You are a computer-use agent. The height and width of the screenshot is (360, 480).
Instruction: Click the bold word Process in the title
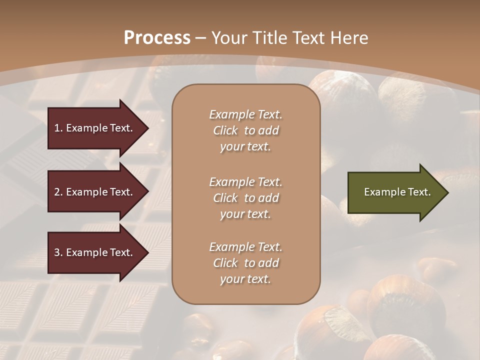click(157, 38)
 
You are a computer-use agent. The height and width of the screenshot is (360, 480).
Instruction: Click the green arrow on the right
click(395, 192)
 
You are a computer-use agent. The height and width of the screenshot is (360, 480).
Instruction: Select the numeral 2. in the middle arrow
click(58, 192)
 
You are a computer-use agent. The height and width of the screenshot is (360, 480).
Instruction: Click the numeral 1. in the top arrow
click(58, 128)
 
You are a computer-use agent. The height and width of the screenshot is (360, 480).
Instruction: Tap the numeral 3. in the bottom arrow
click(58, 252)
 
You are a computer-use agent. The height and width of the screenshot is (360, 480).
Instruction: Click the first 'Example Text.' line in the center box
click(245, 114)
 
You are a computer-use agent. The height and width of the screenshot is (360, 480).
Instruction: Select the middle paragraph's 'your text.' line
click(245, 214)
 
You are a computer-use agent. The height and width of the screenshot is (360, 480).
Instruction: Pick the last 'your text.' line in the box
click(245, 279)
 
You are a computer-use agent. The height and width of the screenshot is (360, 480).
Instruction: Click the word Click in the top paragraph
click(225, 130)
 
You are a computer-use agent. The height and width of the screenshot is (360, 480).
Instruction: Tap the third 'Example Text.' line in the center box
click(245, 247)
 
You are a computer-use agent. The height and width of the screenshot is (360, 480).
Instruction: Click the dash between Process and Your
click(201, 38)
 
